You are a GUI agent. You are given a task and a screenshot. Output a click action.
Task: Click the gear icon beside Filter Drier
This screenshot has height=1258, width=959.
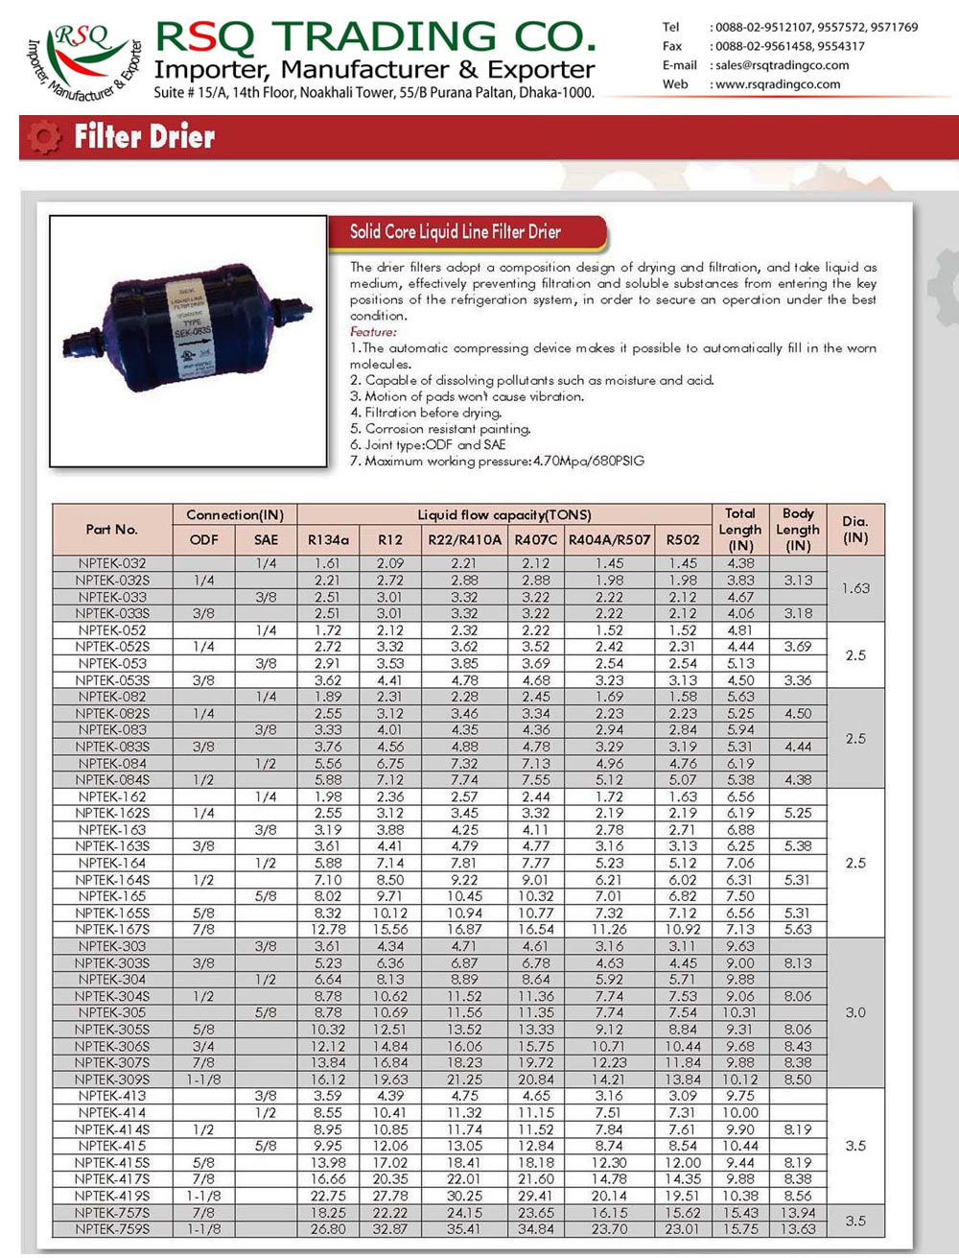pos(43,137)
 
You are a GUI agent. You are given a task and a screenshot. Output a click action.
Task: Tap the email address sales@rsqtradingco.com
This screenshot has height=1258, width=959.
pos(782,65)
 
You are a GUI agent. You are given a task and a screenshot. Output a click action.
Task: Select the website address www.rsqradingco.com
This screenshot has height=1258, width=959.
pos(778,84)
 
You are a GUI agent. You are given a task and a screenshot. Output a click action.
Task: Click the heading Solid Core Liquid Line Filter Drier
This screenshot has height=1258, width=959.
pos(455,231)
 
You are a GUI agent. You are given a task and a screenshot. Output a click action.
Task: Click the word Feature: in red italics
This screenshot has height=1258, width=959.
pos(373,332)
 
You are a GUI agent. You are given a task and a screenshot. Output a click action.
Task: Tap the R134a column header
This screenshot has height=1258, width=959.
pos(328,539)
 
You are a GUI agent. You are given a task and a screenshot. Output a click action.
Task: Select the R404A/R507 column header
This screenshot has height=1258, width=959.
pos(609,539)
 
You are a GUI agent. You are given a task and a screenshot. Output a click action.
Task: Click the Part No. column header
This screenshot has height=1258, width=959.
pos(112,529)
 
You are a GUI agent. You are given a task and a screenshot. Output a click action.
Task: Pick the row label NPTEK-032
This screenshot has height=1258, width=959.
pos(112,563)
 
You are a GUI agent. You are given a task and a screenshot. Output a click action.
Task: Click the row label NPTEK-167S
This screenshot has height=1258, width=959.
pos(112,929)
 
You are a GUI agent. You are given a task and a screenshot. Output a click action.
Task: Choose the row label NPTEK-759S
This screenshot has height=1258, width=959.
pos(112,1229)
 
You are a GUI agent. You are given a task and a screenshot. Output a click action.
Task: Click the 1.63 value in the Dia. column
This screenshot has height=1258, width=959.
pos(854,588)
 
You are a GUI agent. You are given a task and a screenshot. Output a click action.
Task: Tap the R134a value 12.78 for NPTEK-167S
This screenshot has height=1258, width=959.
pos(328,929)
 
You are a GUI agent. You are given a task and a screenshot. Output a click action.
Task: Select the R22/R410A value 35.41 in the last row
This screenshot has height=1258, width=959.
pos(463,1229)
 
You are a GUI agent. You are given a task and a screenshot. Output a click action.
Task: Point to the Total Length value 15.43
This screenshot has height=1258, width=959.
pos(739,1213)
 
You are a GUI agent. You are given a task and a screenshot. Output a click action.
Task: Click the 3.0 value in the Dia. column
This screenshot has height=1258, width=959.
pos(854,1012)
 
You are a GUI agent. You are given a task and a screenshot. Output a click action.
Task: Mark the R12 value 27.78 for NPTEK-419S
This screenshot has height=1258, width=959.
pos(390,1196)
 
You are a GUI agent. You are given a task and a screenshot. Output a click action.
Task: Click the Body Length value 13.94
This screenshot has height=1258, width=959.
pos(797,1213)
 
